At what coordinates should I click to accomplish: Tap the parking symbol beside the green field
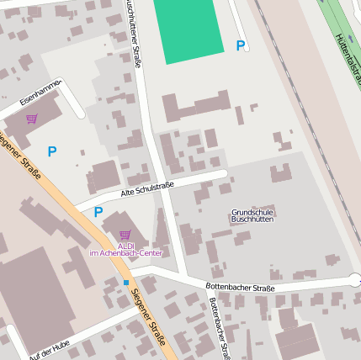coord(241,46)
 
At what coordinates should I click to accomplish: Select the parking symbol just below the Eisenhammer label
coord(52,152)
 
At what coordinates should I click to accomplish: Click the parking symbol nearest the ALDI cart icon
coord(98,213)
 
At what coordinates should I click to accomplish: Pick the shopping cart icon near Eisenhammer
coord(32,119)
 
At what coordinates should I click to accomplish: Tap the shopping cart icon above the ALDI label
coord(125,235)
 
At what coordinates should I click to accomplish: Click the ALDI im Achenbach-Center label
coord(126,249)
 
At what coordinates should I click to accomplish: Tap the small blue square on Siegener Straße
coord(126,283)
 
